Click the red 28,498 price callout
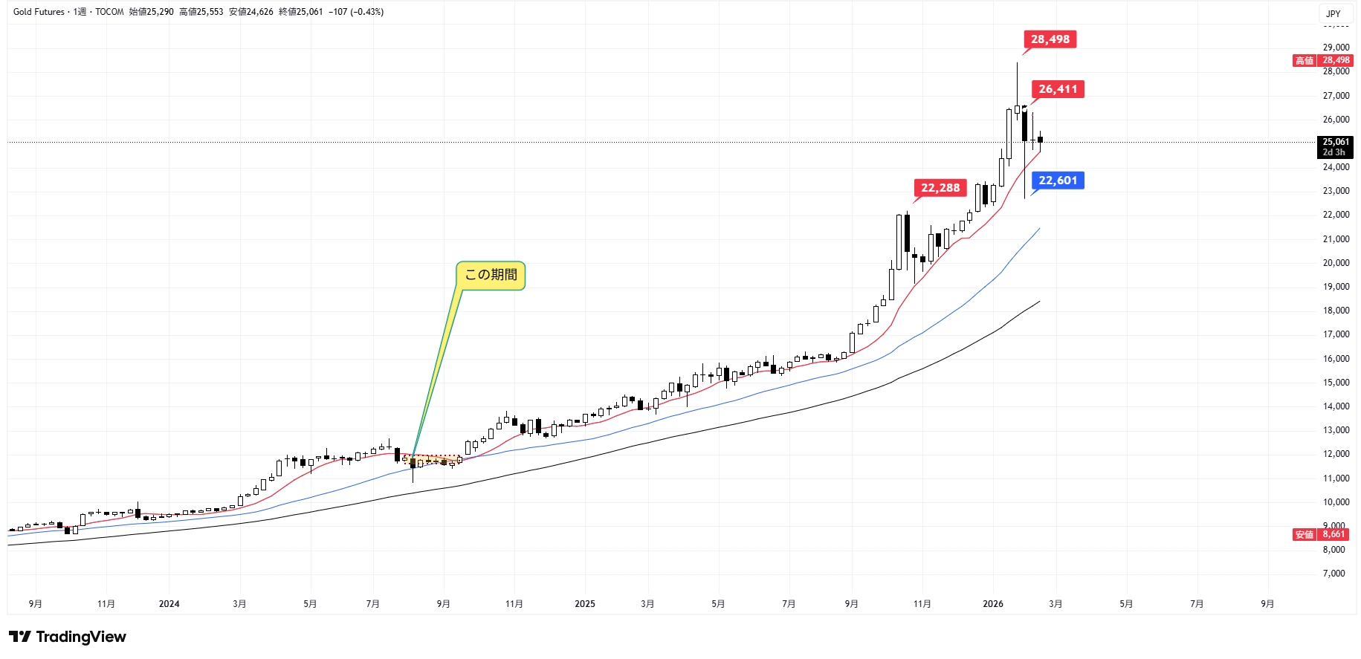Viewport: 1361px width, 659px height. pyautogui.click(x=1050, y=39)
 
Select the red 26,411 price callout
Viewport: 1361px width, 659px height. pyautogui.click(x=1058, y=89)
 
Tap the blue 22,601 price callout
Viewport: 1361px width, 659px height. pyautogui.click(x=1058, y=181)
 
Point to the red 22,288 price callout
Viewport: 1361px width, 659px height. pyautogui.click(x=940, y=188)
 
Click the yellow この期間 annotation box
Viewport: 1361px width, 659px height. pyautogui.click(x=491, y=275)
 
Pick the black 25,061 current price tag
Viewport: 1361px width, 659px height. pyautogui.click(x=1335, y=147)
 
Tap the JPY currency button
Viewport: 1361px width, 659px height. pyautogui.click(x=1333, y=13)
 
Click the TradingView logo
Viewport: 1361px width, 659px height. pyautogui.click(x=68, y=637)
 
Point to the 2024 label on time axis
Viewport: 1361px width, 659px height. pyautogui.click(x=169, y=604)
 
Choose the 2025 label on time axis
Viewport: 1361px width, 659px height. pyautogui.click(x=585, y=604)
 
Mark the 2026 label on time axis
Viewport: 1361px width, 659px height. pyautogui.click(x=993, y=604)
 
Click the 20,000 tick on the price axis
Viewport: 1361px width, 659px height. pyautogui.click(x=1336, y=263)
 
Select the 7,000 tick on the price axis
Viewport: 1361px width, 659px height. pyautogui.click(x=1334, y=574)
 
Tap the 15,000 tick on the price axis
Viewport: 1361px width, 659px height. pyautogui.click(x=1336, y=383)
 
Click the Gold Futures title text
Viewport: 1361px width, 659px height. pyautogui.click(x=39, y=12)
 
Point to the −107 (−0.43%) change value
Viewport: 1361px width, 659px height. pyautogui.click(x=356, y=12)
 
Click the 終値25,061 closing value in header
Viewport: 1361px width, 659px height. pyautogui.click(x=301, y=12)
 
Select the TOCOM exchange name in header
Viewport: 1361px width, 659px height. pyautogui.click(x=109, y=12)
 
